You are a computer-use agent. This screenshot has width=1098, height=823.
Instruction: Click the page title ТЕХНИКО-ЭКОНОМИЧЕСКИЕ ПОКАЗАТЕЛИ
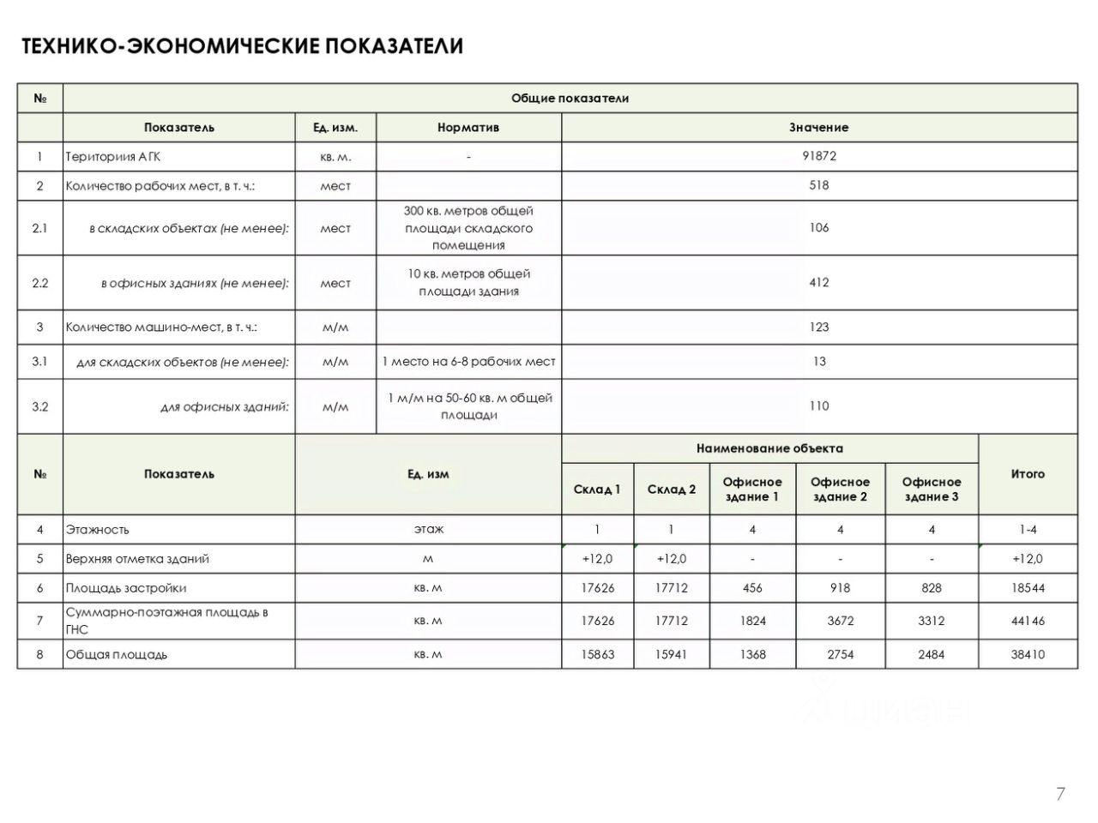[x=242, y=46]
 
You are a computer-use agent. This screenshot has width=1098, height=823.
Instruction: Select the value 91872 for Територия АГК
[x=819, y=156]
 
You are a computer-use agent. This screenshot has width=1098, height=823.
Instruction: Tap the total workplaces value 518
[x=819, y=185]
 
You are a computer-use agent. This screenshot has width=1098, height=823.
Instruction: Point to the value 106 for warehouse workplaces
[x=819, y=228]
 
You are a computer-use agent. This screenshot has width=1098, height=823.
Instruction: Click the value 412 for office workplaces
[x=819, y=283]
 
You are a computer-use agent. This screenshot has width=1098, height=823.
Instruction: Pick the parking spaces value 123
[x=819, y=327]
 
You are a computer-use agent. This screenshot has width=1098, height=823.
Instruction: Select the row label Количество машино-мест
[x=161, y=327]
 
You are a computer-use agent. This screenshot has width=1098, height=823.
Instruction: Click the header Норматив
[x=468, y=128]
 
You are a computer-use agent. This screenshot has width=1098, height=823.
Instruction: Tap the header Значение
[x=819, y=128]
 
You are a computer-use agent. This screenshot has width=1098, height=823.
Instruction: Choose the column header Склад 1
[x=597, y=490]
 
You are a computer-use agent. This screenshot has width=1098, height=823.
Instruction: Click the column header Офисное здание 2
[x=840, y=490]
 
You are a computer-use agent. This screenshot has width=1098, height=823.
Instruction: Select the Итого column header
[x=1028, y=474]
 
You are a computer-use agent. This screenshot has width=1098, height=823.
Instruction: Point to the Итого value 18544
[x=1028, y=588]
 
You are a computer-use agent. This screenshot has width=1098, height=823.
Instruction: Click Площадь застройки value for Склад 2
[x=671, y=588]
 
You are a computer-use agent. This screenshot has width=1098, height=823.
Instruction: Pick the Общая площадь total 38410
[x=1028, y=655]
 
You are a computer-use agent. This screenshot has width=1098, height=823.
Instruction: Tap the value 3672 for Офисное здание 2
[x=840, y=621]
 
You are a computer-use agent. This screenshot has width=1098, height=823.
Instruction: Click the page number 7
[x=1061, y=794]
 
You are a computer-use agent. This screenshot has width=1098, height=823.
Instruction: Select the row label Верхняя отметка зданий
[x=137, y=559]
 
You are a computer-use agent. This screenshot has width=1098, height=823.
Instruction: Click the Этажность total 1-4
[x=1028, y=530]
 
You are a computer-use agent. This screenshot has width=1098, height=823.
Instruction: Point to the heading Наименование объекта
[x=769, y=448]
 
